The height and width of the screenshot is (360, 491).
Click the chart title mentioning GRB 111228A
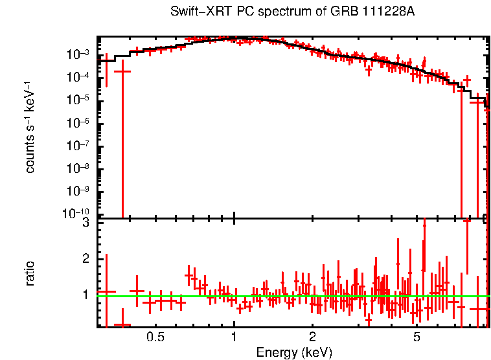pyautogui.click(x=292, y=12)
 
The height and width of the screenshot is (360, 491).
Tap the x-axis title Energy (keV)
pyautogui.click(x=294, y=352)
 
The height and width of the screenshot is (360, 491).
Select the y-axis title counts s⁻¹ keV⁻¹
pyautogui.click(x=30, y=127)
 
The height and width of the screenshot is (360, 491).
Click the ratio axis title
pyautogui.click(x=30, y=273)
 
